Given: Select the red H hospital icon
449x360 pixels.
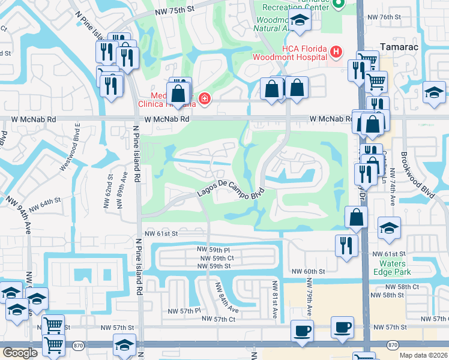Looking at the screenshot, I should pos(336,53).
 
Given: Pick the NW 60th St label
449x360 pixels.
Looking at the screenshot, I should pos(308,271).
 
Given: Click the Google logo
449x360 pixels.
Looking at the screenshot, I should pos(20,352).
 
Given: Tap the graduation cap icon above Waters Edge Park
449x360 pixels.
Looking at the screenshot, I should pos(388,228).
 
